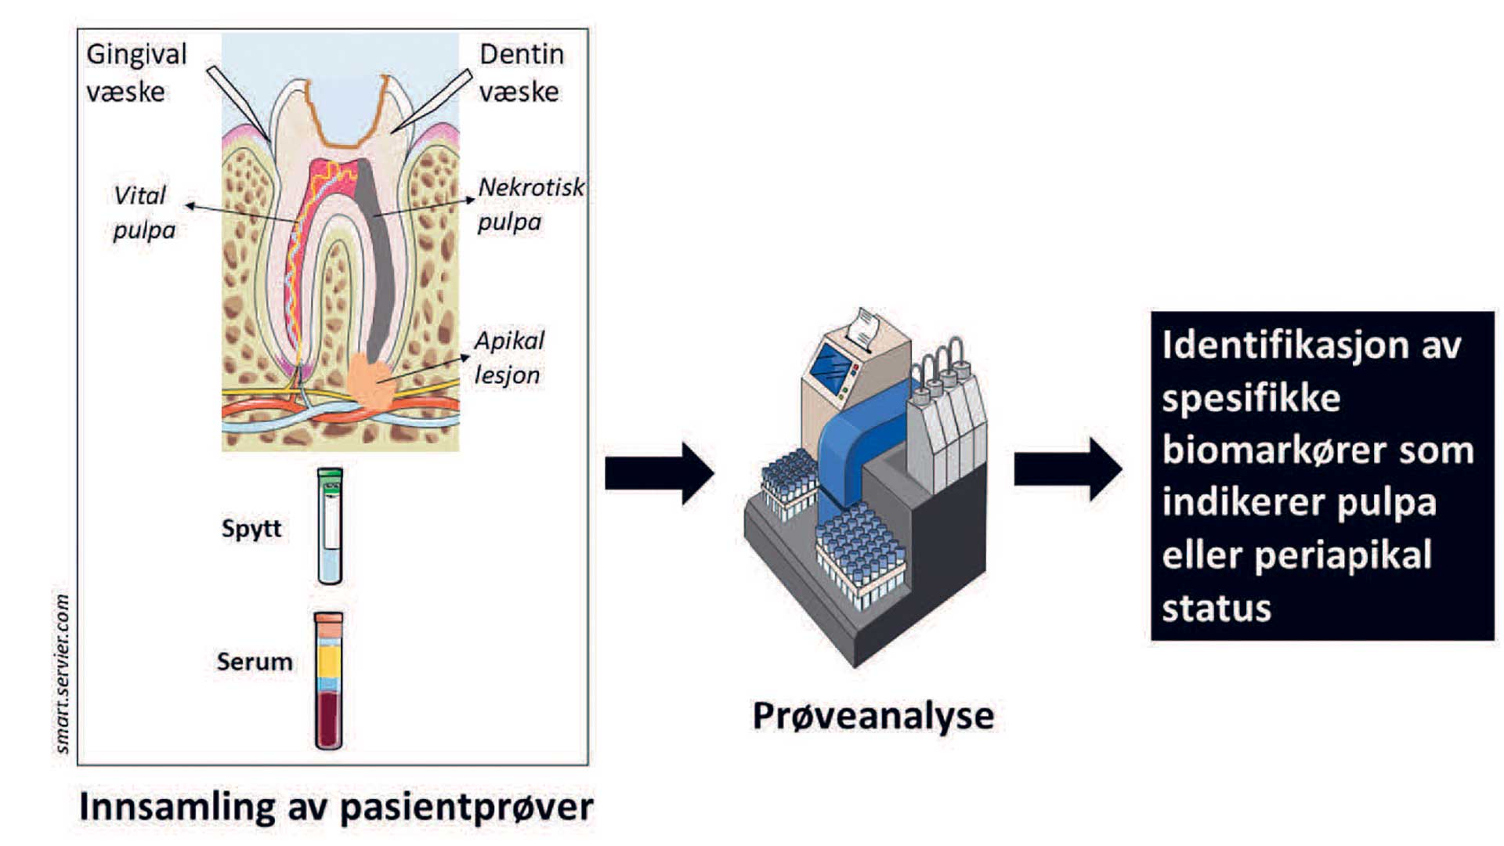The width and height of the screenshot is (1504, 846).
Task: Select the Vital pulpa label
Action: [x=143, y=212]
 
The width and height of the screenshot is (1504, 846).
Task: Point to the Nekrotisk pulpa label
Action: [x=531, y=204]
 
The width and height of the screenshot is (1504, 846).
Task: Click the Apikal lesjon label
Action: [x=509, y=357]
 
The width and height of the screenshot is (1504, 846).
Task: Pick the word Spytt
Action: [x=251, y=530]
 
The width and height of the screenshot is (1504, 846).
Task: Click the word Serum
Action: [x=255, y=662]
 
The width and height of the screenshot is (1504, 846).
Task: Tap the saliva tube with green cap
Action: [x=330, y=526]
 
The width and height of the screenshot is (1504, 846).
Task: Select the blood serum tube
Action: [x=329, y=681]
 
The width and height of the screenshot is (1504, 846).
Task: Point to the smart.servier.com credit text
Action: [x=62, y=674]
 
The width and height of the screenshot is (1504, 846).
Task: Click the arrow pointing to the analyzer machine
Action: [x=660, y=473]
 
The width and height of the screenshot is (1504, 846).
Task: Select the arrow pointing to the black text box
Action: [x=1068, y=469]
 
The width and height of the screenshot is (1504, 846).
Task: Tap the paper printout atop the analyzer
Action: [x=864, y=327]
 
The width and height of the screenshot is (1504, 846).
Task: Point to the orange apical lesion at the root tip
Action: [x=371, y=381]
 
